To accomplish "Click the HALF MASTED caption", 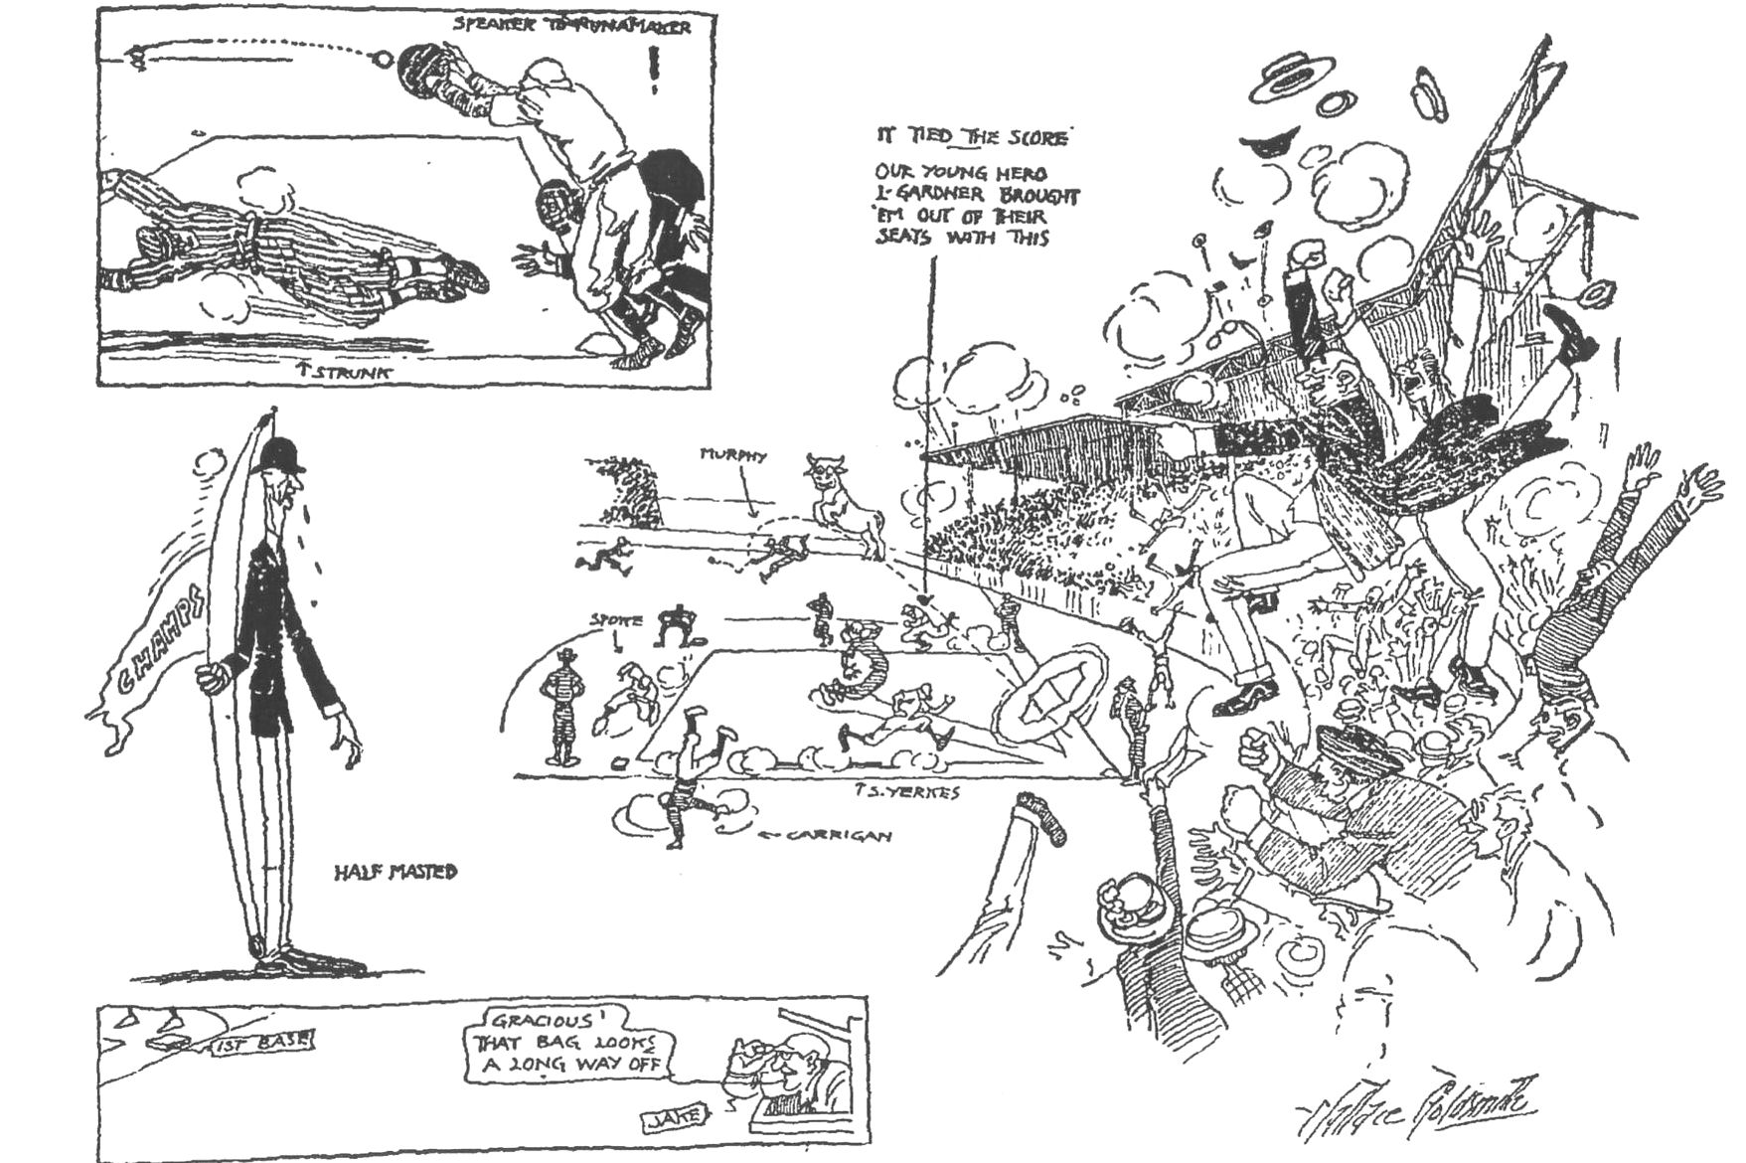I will click(x=397, y=872).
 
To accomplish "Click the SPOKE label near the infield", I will click(x=616, y=619).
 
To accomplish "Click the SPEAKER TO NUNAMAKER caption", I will click(x=571, y=26).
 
